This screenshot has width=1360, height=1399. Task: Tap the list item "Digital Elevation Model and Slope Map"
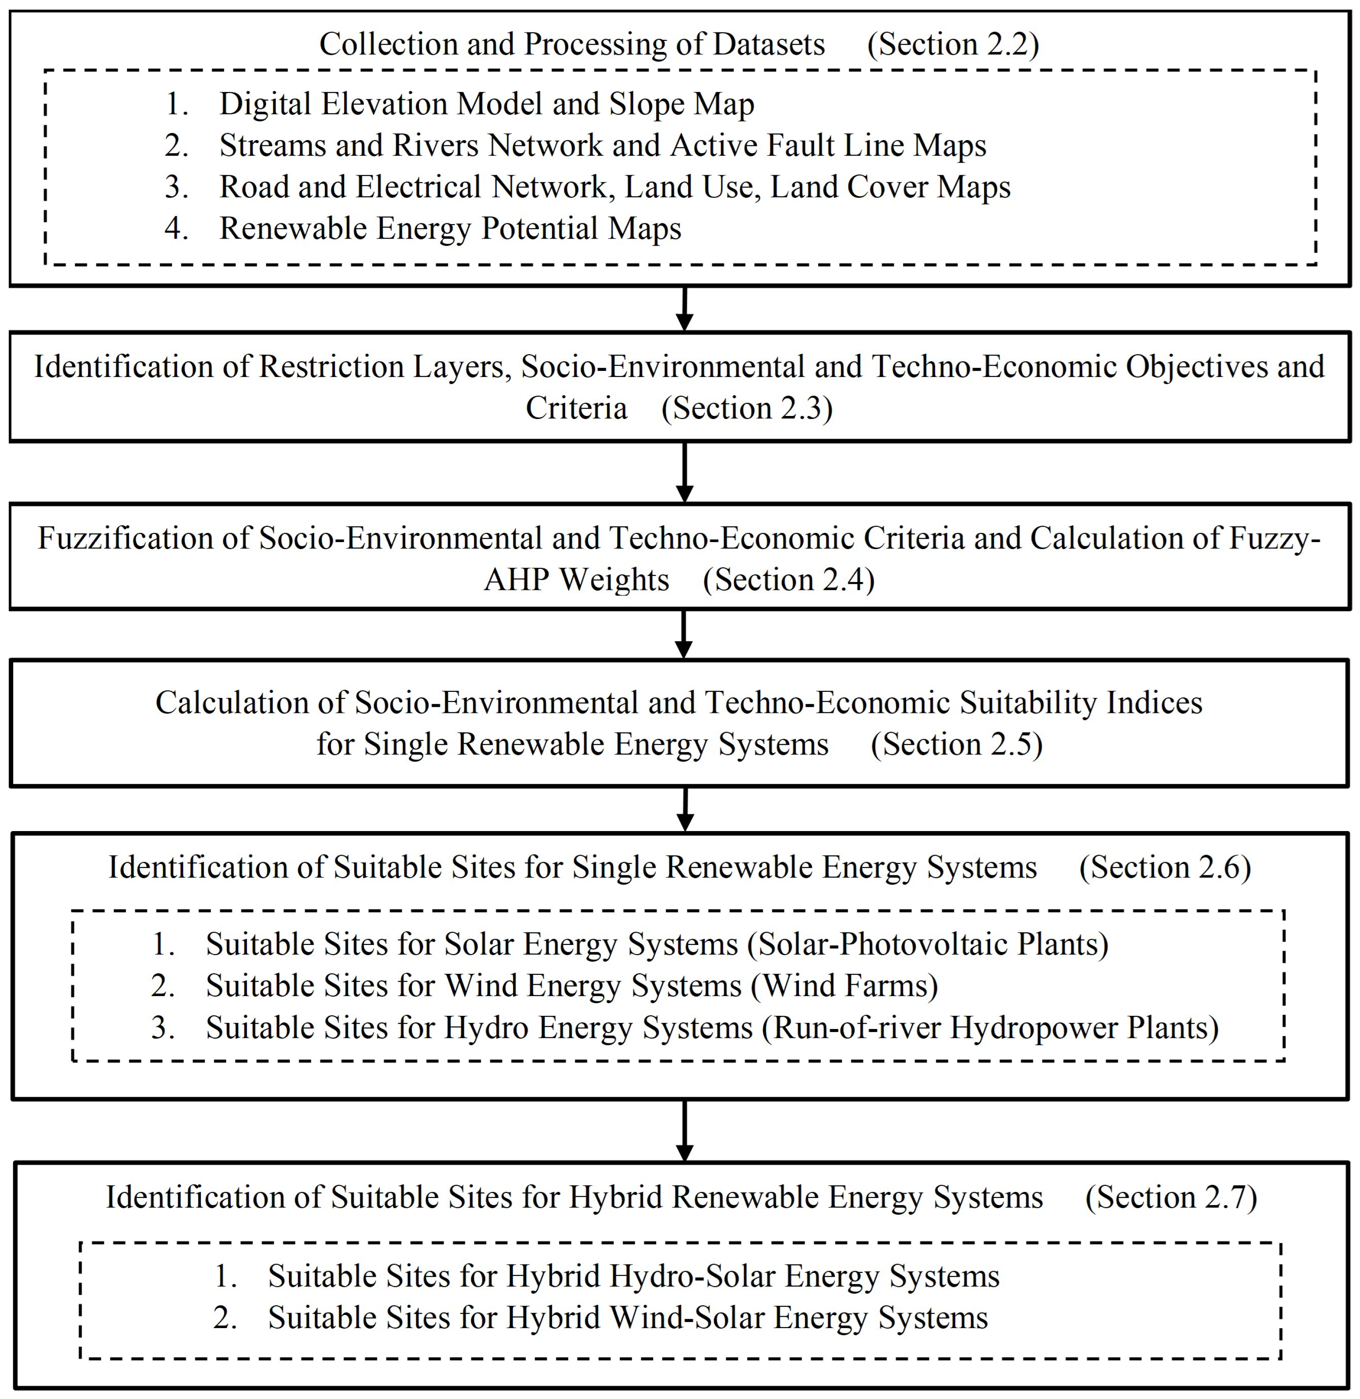(486, 104)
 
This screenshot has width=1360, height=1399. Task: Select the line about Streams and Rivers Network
(602, 146)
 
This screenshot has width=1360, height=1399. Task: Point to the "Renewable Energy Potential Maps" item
(450, 229)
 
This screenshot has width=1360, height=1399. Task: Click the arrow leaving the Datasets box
(684, 309)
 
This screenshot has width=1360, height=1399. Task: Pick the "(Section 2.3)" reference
(747, 409)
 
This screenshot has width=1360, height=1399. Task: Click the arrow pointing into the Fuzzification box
(684, 472)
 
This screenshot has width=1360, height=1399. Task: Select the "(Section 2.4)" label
(789, 579)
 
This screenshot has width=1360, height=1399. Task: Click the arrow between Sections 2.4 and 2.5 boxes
(684, 634)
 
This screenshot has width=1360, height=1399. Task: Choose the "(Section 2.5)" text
(956, 744)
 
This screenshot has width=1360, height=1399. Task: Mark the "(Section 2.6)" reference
(1165, 867)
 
